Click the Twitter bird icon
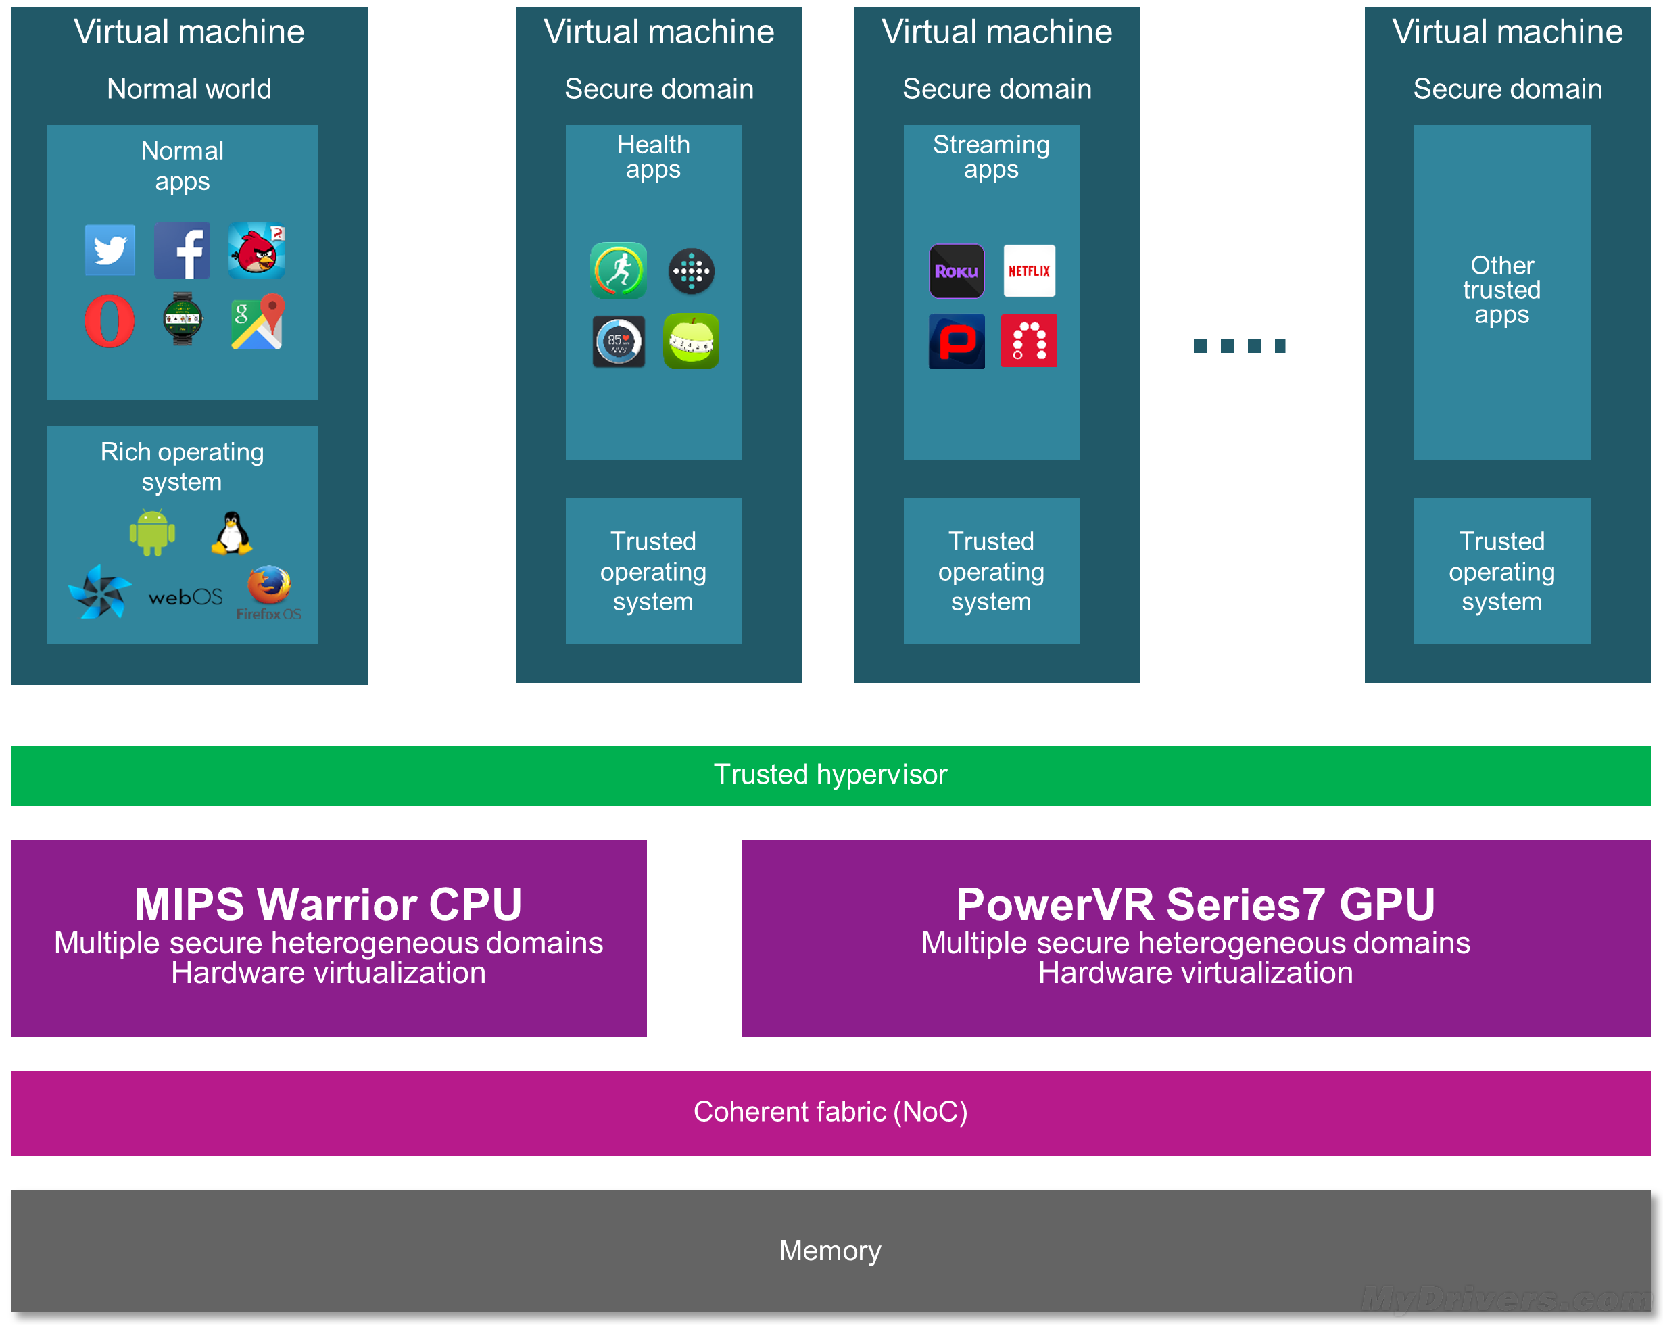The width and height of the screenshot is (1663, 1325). [110, 250]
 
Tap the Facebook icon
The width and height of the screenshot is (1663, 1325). [182, 250]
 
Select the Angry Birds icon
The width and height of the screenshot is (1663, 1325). [256, 250]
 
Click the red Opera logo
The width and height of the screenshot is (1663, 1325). [110, 321]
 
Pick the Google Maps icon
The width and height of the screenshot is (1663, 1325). [257, 321]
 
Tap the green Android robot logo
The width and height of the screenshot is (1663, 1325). [152, 532]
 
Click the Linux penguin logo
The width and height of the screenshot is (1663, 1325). [231, 533]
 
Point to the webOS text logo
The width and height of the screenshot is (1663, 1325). [185, 597]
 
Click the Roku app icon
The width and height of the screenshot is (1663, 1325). [957, 270]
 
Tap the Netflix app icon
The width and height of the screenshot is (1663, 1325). [1029, 270]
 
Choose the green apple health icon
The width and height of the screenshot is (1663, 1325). [691, 341]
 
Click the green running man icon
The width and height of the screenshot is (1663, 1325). [619, 270]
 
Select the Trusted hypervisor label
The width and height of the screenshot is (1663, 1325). [830, 774]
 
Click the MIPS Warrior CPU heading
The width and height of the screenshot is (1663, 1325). [328, 904]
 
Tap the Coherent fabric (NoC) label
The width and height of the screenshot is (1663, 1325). [830, 1111]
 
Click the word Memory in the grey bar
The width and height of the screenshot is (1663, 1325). [830, 1249]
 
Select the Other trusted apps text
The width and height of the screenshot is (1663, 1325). [1501, 290]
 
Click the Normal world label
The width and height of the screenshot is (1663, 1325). [189, 89]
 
